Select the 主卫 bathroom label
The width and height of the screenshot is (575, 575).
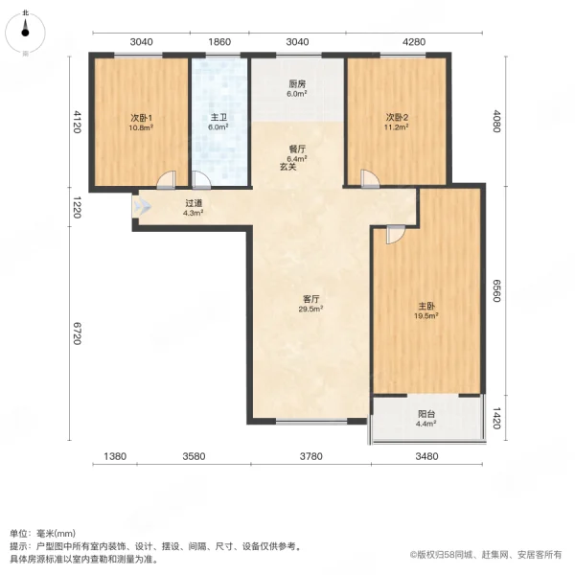click(218, 118)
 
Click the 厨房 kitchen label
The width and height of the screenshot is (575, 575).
click(297, 83)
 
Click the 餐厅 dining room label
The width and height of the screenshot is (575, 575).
click(297, 149)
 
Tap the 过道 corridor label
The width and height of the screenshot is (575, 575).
click(194, 203)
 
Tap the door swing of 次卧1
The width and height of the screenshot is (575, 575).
click(167, 179)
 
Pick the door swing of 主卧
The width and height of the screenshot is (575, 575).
click(394, 234)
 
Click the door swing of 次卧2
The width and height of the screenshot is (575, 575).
click(369, 178)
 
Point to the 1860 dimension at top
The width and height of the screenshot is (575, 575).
click(219, 42)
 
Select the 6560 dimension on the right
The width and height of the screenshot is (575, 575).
click(495, 289)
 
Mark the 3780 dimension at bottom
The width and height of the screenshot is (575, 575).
click(310, 456)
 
